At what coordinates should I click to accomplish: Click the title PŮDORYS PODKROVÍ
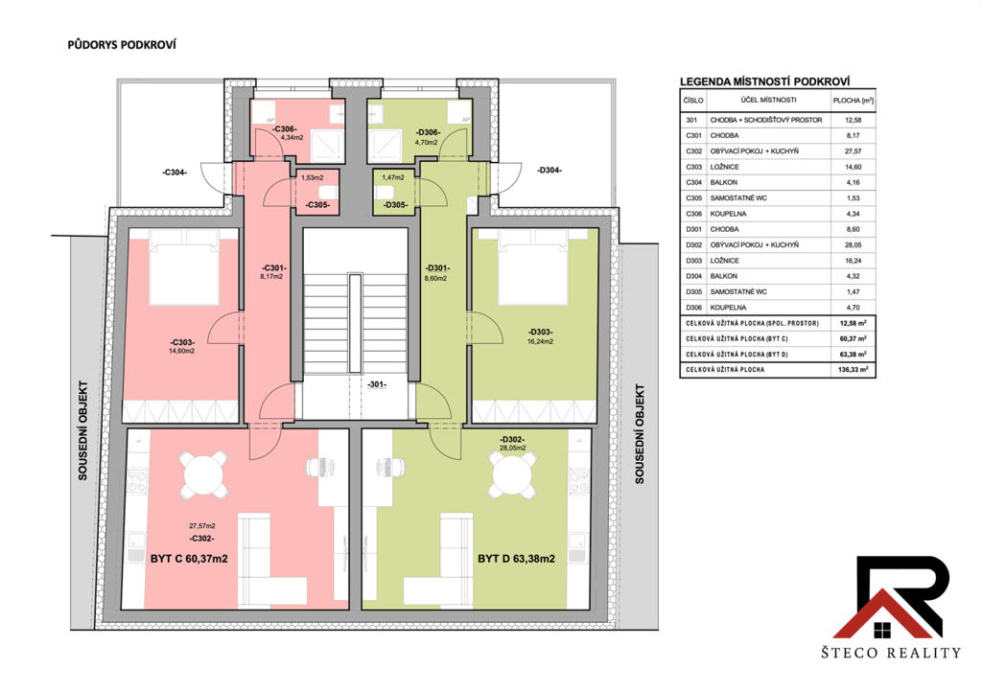tap(122, 45)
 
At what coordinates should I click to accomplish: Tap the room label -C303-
tap(182, 342)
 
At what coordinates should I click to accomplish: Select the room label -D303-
tap(541, 333)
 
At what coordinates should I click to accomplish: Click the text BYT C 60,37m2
tap(189, 559)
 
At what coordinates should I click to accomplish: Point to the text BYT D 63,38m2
tap(516, 559)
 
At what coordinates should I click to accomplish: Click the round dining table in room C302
tap(203, 474)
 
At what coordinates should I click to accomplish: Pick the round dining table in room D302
tap(512, 474)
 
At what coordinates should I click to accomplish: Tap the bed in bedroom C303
tap(183, 267)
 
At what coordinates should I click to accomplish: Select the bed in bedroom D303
tap(533, 267)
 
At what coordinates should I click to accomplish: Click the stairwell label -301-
tap(377, 384)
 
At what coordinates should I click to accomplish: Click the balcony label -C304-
tap(175, 173)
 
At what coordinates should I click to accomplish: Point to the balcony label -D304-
tap(549, 171)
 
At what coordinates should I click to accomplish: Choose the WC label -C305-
tap(317, 204)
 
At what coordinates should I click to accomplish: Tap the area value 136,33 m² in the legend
tap(853, 370)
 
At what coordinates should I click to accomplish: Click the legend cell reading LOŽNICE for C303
tap(725, 167)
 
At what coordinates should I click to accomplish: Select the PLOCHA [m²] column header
tap(853, 100)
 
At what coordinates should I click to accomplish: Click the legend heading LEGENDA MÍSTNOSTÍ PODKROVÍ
tap(764, 81)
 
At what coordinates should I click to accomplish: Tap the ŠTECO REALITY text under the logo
tap(891, 653)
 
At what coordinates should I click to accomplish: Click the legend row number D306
tap(693, 308)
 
